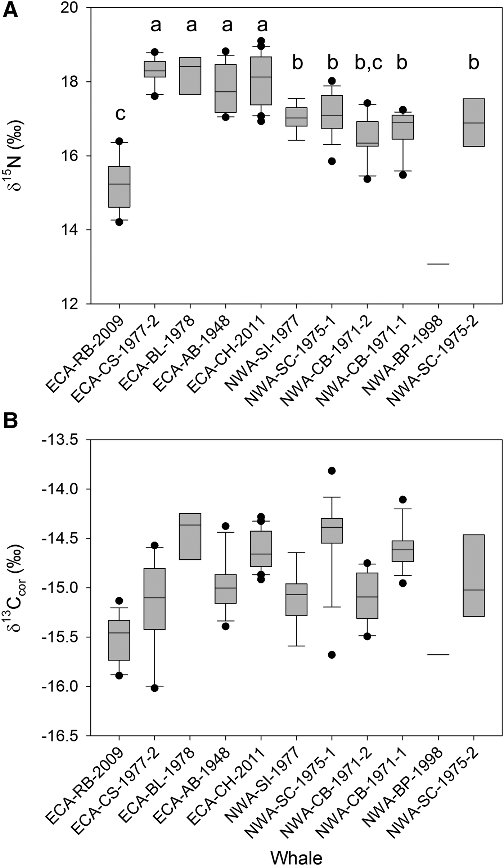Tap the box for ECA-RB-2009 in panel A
[x=119, y=186]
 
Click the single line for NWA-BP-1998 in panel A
[x=438, y=264]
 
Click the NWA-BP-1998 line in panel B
[x=438, y=655]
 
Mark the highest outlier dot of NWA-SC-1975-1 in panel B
[x=332, y=471]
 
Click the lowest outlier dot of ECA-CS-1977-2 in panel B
[x=155, y=688]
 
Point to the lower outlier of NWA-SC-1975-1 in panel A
[x=332, y=161]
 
